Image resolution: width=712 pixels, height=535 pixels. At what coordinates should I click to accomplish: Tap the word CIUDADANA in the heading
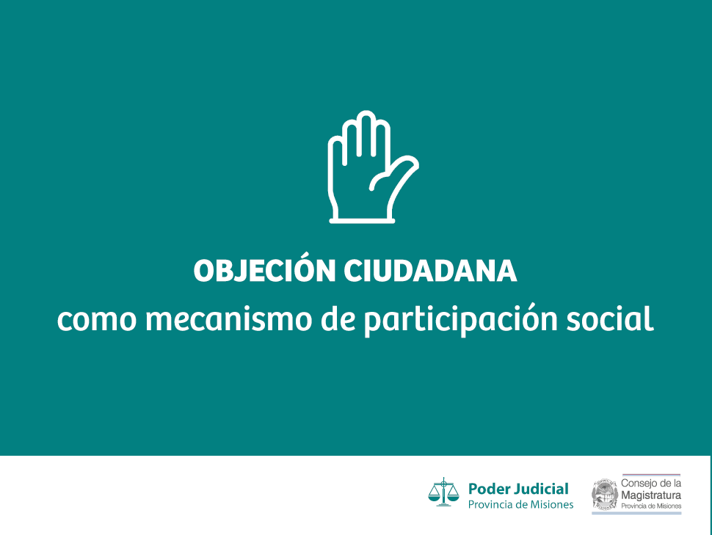click(x=430, y=271)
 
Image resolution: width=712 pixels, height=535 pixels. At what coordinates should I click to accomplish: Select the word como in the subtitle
click(x=97, y=319)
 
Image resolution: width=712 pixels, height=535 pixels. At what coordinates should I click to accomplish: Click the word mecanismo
click(x=228, y=318)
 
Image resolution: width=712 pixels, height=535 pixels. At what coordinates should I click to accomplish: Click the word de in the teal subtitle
click(x=338, y=318)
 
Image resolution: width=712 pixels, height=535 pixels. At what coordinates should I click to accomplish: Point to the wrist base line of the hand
click(x=362, y=221)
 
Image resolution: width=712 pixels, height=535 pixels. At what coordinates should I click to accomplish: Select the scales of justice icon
click(x=443, y=492)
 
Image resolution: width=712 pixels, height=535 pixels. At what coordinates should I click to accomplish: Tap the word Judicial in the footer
click(x=540, y=489)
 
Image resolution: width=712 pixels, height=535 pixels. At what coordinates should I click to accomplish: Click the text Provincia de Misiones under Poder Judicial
click(x=520, y=505)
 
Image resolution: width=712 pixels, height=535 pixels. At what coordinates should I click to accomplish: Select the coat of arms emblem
click(x=605, y=494)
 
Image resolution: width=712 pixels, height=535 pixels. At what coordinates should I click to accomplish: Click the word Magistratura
click(x=650, y=495)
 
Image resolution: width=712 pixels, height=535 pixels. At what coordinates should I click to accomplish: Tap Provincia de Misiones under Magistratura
click(x=650, y=506)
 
